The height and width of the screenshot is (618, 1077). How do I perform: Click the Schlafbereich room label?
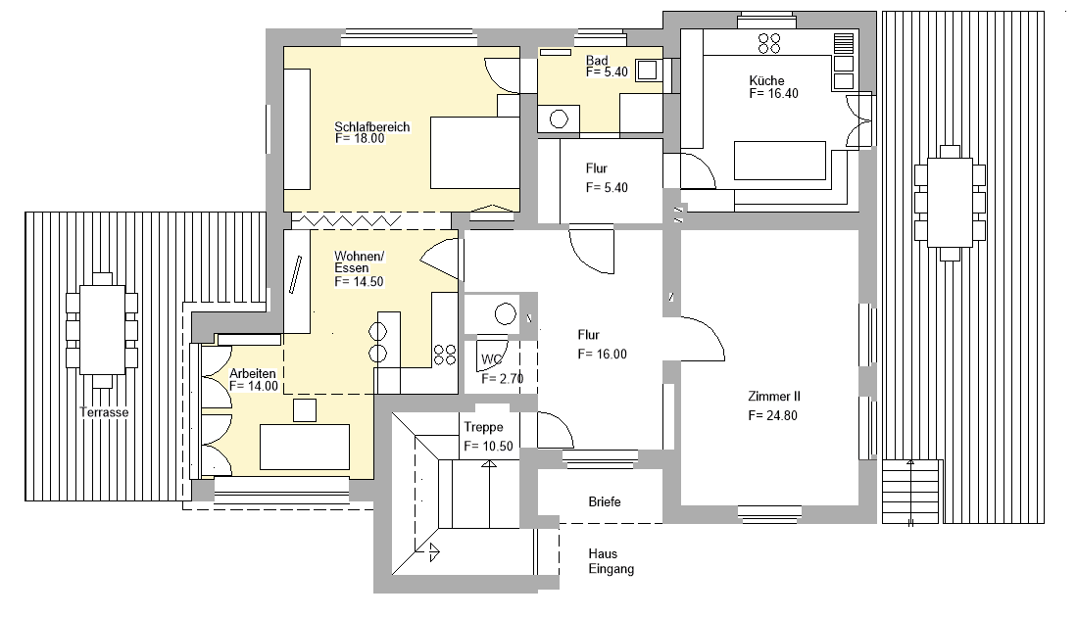[x=371, y=127]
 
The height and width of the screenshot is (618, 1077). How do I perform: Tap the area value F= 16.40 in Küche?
[x=773, y=95]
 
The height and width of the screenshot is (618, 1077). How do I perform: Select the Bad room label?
[x=597, y=61]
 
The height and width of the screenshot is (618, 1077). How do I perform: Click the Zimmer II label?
[x=774, y=397]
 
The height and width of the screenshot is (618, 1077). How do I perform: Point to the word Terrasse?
[x=104, y=412]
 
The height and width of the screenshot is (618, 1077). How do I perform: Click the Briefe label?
[x=605, y=501]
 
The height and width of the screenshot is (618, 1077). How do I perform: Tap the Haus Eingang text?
[x=612, y=561]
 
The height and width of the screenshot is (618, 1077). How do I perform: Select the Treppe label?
[x=483, y=427]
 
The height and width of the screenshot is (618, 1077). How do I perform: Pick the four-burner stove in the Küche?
[x=769, y=42]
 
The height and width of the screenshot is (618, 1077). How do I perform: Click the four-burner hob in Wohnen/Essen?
[x=444, y=353]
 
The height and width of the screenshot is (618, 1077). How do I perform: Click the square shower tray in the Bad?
[x=647, y=71]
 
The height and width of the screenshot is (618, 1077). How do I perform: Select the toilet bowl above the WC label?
[x=505, y=314]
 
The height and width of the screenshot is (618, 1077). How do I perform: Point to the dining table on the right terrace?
[x=949, y=203]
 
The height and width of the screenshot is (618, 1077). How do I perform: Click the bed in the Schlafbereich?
[x=474, y=153]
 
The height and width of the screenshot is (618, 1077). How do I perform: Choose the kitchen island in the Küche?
[x=779, y=161]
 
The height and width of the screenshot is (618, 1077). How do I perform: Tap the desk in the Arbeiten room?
[x=305, y=446]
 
